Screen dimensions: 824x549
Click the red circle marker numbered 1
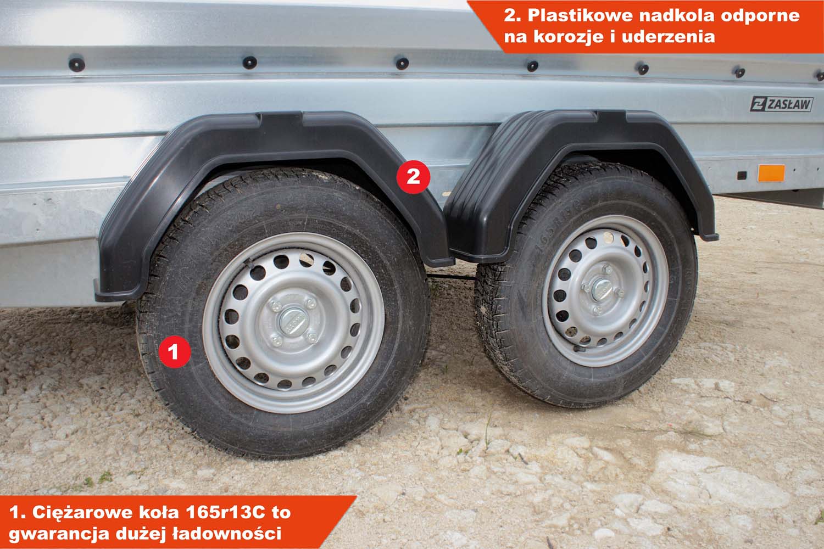tap(174, 351)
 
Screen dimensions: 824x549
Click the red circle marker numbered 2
tap(413, 177)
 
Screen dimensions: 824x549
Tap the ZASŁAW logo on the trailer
tap(781, 104)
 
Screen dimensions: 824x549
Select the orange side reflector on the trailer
tap(771, 173)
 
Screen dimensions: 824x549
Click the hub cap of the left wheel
tap(292, 322)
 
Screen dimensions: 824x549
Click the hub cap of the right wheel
tap(602, 289)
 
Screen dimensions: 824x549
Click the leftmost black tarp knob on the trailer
tap(76, 65)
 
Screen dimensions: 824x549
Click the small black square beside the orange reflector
tap(742, 175)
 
